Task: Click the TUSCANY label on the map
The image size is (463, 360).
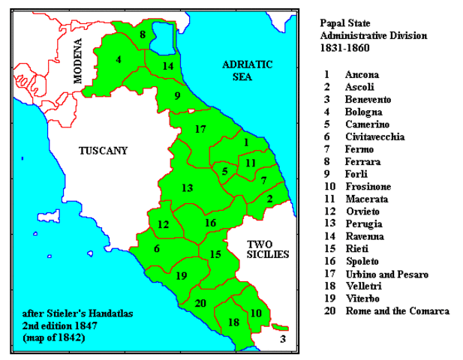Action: click(104, 151)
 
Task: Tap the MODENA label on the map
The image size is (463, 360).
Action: click(77, 61)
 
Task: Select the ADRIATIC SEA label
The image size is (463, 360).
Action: click(248, 70)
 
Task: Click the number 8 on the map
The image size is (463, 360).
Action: click(143, 34)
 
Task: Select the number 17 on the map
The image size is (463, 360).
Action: click(200, 130)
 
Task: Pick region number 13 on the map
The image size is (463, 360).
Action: click(187, 187)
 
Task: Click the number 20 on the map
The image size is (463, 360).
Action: click(200, 304)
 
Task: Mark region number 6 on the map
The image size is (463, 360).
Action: click(157, 249)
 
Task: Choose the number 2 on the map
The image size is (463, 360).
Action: click(270, 199)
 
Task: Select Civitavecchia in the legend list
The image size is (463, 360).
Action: click(374, 137)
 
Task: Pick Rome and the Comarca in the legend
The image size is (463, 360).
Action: click(397, 311)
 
